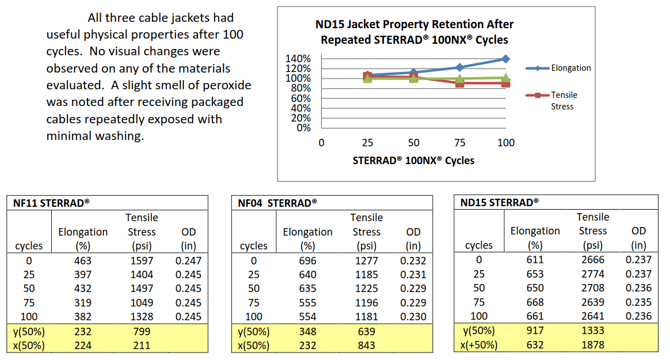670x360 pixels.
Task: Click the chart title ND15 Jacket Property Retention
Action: pos(414,25)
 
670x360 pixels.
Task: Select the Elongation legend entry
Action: pos(570,68)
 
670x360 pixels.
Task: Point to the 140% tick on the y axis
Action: pos(298,59)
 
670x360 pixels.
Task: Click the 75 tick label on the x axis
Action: pos(459,143)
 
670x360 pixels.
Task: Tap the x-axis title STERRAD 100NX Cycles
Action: pos(413,161)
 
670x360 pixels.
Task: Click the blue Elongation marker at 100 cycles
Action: pos(505,59)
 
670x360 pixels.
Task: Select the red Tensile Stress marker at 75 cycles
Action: pos(459,84)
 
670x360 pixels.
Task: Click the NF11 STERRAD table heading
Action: pos(52,203)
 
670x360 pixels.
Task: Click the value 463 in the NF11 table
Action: pos(82,260)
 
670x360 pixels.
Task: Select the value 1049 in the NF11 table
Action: pos(142,302)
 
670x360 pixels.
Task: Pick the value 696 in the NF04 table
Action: pos(307,260)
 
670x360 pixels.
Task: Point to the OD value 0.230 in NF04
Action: pos(413,316)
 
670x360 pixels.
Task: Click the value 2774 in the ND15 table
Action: pos(593,274)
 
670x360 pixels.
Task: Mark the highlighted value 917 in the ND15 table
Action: pos(535,331)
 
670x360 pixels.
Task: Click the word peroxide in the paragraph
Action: pos(224,85)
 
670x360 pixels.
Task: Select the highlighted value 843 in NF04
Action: pos(366,346)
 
